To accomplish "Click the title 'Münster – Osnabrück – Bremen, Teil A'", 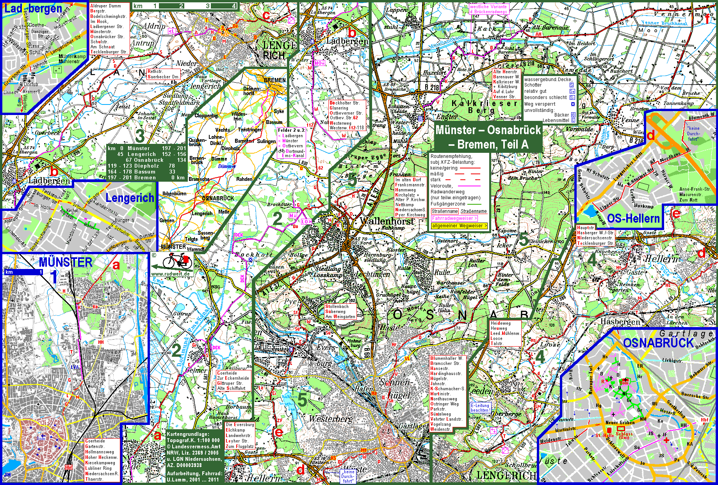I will [x=488, y=137].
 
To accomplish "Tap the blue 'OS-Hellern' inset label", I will [x=633, y=219].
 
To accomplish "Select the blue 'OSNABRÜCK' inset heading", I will [x=658, y=343].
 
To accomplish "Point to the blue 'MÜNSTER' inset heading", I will [x=65, y=262].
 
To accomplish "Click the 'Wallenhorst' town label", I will [x=387, y=221].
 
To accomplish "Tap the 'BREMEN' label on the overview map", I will [x=274, y=80].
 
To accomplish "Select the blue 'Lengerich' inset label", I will [x=130, y=198].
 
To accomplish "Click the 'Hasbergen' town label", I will [x=621, y=322].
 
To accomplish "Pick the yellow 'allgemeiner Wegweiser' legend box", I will [x=460, y=226].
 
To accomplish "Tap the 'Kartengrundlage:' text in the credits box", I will [x=187, y=434].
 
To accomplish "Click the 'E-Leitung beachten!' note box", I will [x=480, y=408].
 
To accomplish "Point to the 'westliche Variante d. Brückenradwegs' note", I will [x=488, y=9].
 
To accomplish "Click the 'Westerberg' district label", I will [x=331, y=419].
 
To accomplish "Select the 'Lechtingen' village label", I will [x=372, y=274].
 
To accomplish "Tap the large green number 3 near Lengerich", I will [x=139, y=136].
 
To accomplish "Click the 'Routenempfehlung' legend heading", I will [x=451, y=156].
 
